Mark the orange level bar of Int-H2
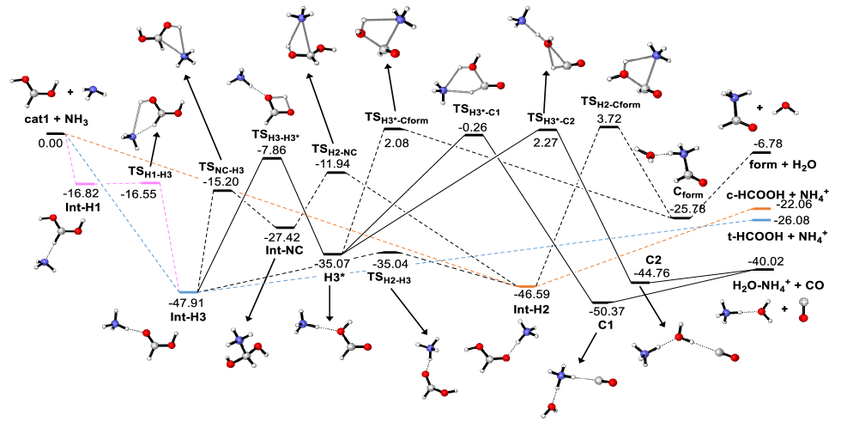coord(525,285)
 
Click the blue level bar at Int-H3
coord(188,292)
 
